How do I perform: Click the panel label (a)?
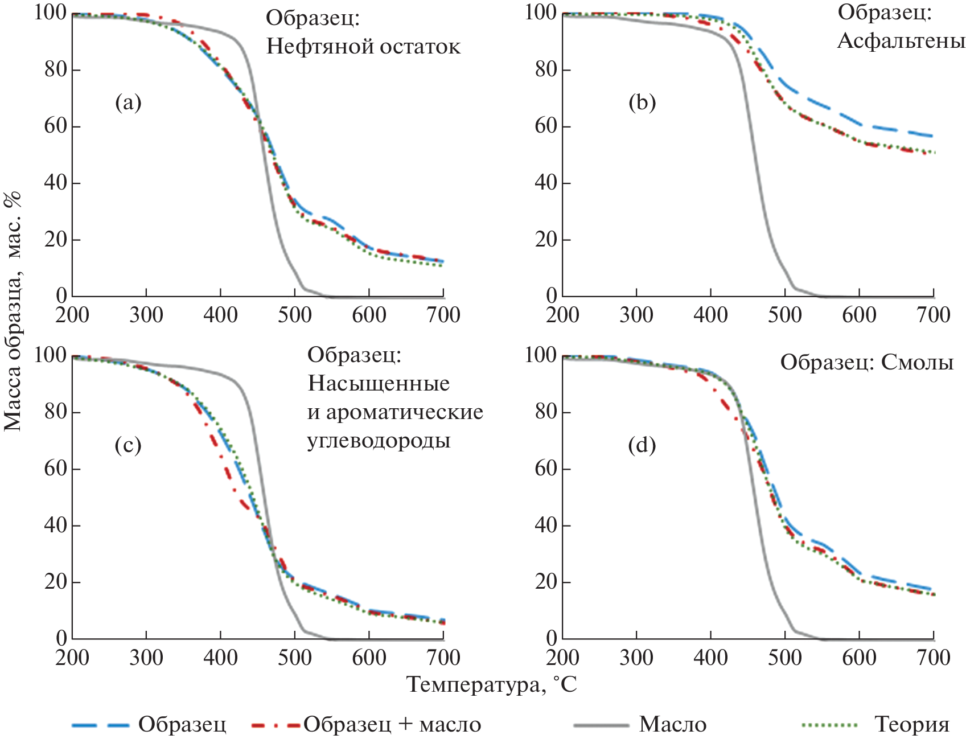128,103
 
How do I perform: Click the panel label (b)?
642,103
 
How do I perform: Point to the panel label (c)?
128,445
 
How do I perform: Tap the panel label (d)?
642,445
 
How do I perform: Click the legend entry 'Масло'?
672,724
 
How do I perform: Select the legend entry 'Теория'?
911,724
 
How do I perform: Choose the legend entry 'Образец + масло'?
392,724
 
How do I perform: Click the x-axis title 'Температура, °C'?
492,684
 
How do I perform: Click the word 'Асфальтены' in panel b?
901,41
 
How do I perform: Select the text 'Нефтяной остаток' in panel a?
363,46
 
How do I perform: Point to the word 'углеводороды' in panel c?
379,441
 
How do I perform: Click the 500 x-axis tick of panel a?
295,315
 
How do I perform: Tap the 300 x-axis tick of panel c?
146,658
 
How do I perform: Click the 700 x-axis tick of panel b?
934,315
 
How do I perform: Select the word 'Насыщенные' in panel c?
379,384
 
